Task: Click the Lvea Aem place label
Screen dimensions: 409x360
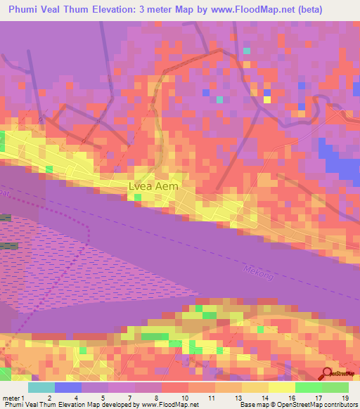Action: click(x=153, y=187)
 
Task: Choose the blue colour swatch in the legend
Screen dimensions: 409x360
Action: click(x=67, y=387)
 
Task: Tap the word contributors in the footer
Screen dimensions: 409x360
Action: click(x=334, y=405)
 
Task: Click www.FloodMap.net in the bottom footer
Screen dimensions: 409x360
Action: click(x=170, y=405)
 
